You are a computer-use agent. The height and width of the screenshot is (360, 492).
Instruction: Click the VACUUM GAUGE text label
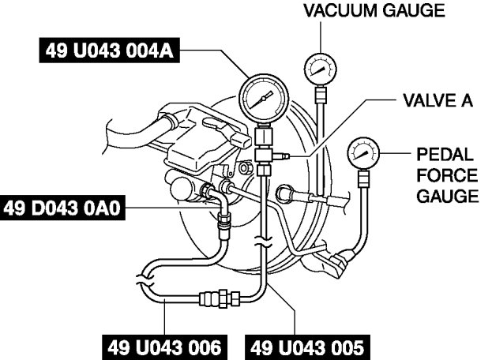pos(374,10)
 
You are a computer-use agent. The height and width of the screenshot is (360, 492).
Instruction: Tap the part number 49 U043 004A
pos(110,51)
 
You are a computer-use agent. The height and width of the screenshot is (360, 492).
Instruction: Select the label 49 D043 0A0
pos(62,208)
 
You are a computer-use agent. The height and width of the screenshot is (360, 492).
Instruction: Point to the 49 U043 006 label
pos(164,347)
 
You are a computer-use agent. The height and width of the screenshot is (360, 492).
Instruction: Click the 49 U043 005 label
pos(307,347)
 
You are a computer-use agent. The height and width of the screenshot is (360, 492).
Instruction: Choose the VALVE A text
pos(438,101)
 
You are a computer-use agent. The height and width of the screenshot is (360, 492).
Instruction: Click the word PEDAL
pos(445,154)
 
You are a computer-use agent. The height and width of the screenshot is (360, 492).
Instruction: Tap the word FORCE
pos(447,175)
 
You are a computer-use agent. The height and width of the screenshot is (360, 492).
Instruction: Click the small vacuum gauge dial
pos(321,69)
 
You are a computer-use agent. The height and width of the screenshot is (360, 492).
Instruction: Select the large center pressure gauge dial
pos(264,99)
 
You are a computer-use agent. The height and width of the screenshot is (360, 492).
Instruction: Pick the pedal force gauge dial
pos(363,153)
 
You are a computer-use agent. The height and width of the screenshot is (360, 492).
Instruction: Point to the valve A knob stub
pos(280,156)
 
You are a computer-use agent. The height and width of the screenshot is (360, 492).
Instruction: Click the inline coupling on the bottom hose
pos(220,298)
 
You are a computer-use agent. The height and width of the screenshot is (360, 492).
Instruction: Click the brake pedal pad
pos(338,264)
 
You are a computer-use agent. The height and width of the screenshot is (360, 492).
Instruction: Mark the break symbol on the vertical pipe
pos(264,242)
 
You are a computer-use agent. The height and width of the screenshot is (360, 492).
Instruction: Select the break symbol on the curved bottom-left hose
pos(145,280)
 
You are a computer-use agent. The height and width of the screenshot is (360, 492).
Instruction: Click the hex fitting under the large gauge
pos(263,156)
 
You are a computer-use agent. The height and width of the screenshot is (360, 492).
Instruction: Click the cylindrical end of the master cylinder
pos(178,188)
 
